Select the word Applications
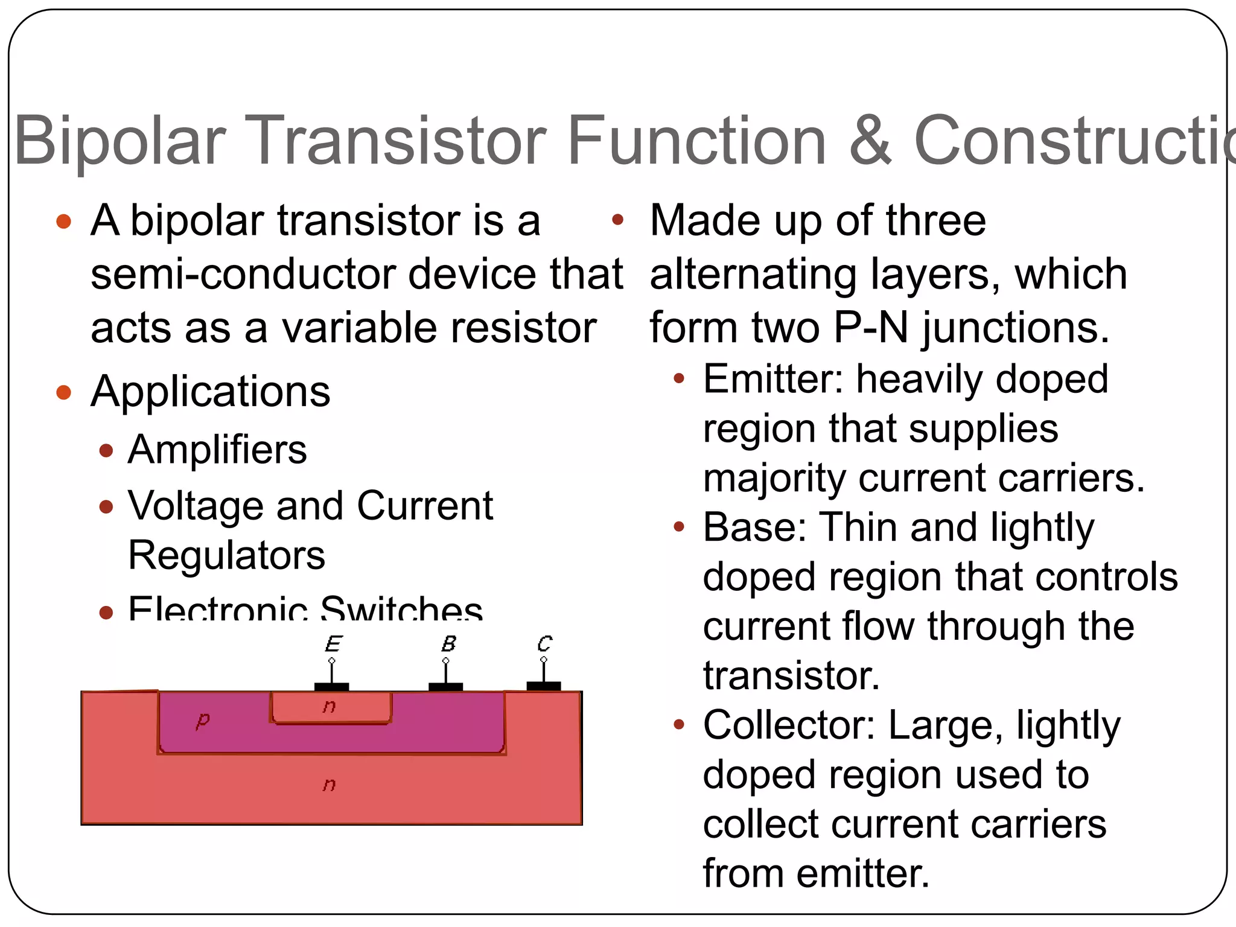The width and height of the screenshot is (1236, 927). [x=210, y=392]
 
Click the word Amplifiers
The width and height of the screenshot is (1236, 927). [x=217, y=450]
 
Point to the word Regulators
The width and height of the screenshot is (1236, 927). [x=226, y=555]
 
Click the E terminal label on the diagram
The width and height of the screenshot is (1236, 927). [x=333, y=643]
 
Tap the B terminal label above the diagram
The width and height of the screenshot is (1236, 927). [x=448, y=643]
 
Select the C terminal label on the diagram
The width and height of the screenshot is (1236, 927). [x=544, y=643]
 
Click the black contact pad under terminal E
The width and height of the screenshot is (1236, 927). [x=331, y=687]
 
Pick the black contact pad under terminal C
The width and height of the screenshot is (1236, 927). [x=543, y=686]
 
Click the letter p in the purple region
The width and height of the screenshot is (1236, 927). [x=203, y=720]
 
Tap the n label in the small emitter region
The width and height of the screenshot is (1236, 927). [x=329, y=706]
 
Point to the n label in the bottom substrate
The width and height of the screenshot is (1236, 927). [x=329, y=784]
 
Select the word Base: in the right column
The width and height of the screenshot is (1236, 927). [x=755, y=527]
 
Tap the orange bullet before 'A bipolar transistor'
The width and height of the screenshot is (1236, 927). [x=63, y=221]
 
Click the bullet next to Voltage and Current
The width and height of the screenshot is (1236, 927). [x=106, y=506]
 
